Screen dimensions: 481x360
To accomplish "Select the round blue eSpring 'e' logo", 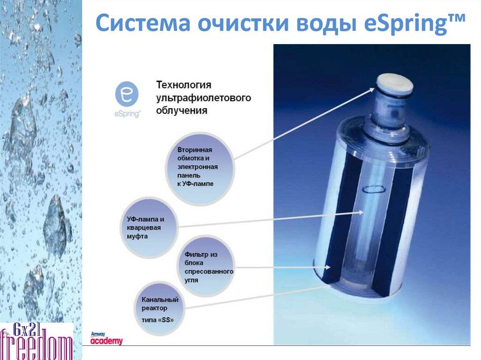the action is (127, 94).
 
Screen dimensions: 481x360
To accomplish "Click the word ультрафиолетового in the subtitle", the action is (203, 98).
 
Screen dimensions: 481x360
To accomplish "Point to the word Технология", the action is (184, 84).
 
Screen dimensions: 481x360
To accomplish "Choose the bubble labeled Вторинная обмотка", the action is (200, 168).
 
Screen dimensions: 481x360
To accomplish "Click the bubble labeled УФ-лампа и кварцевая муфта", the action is (149, 227).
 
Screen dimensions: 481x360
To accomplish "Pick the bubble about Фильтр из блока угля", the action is (206, 266).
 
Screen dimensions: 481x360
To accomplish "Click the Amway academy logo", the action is (106, 338).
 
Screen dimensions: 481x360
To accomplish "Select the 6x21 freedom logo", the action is (36, 341).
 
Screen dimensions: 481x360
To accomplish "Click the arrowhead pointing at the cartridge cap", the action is (372, 90).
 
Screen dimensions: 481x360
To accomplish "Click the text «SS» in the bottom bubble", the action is (166, 320).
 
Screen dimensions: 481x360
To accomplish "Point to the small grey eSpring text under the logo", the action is (127, 114).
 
